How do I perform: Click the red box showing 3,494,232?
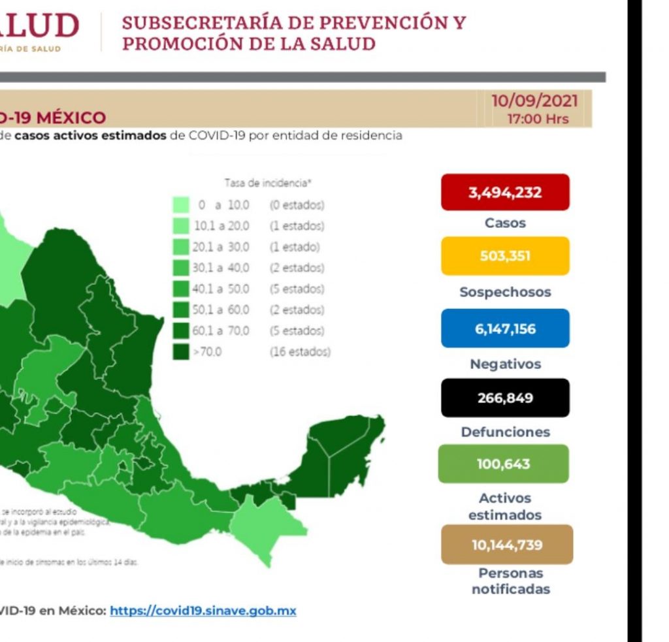coord(505,192)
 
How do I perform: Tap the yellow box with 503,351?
coord(505,256)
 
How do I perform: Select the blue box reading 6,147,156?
coord(505,329)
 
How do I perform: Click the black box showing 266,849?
coord(505,398)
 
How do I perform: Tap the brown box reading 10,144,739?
coord(507,545)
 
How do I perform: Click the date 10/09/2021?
coord(534,101)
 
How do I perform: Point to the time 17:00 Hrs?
coord(538,119)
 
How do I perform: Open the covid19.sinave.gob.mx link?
coord(203,611)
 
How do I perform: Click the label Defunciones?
coord(505,432)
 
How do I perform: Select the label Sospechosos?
coord(505,292)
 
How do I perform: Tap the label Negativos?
coord(505,364)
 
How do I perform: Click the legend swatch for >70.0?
coord(181,352)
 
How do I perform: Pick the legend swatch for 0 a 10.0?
coord(181,205)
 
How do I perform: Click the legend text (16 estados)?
coord(300,352)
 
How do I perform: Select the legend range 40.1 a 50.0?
coord(221,289)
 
